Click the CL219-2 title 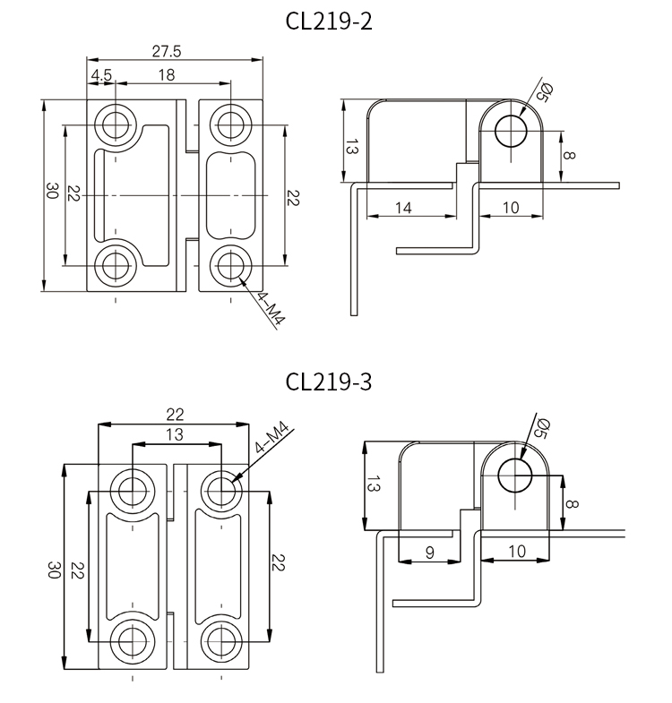tap(329, 21)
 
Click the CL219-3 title tap(329, 382)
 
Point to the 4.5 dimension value tap(101, 76)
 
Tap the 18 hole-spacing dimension tap(167, 76)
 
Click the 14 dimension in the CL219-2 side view tap(403, 208)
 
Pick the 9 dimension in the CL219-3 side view tap(429, 553)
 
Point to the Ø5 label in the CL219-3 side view tap(540, 429)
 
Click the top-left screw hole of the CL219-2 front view tap(116, 123)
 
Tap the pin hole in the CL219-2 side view tap(512, 131)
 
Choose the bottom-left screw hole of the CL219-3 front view tap(133, 641)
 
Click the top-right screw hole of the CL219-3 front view tap(220, 489)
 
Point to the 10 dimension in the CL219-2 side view tap(510, 208)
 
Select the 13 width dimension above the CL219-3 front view tap(176, 434)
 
